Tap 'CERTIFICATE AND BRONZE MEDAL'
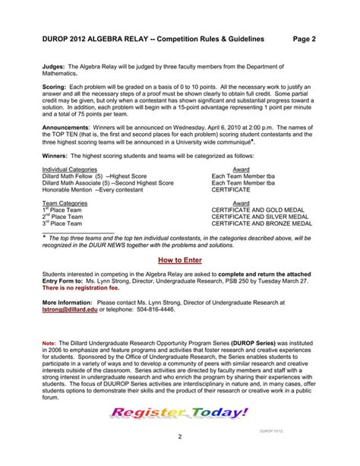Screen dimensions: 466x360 262,224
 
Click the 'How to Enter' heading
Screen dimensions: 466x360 179,258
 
